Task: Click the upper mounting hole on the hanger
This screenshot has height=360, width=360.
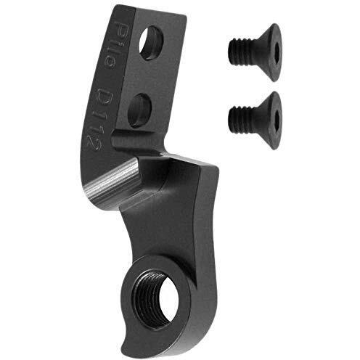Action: coord(151,43)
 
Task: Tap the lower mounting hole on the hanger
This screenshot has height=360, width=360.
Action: coord(139,110)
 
